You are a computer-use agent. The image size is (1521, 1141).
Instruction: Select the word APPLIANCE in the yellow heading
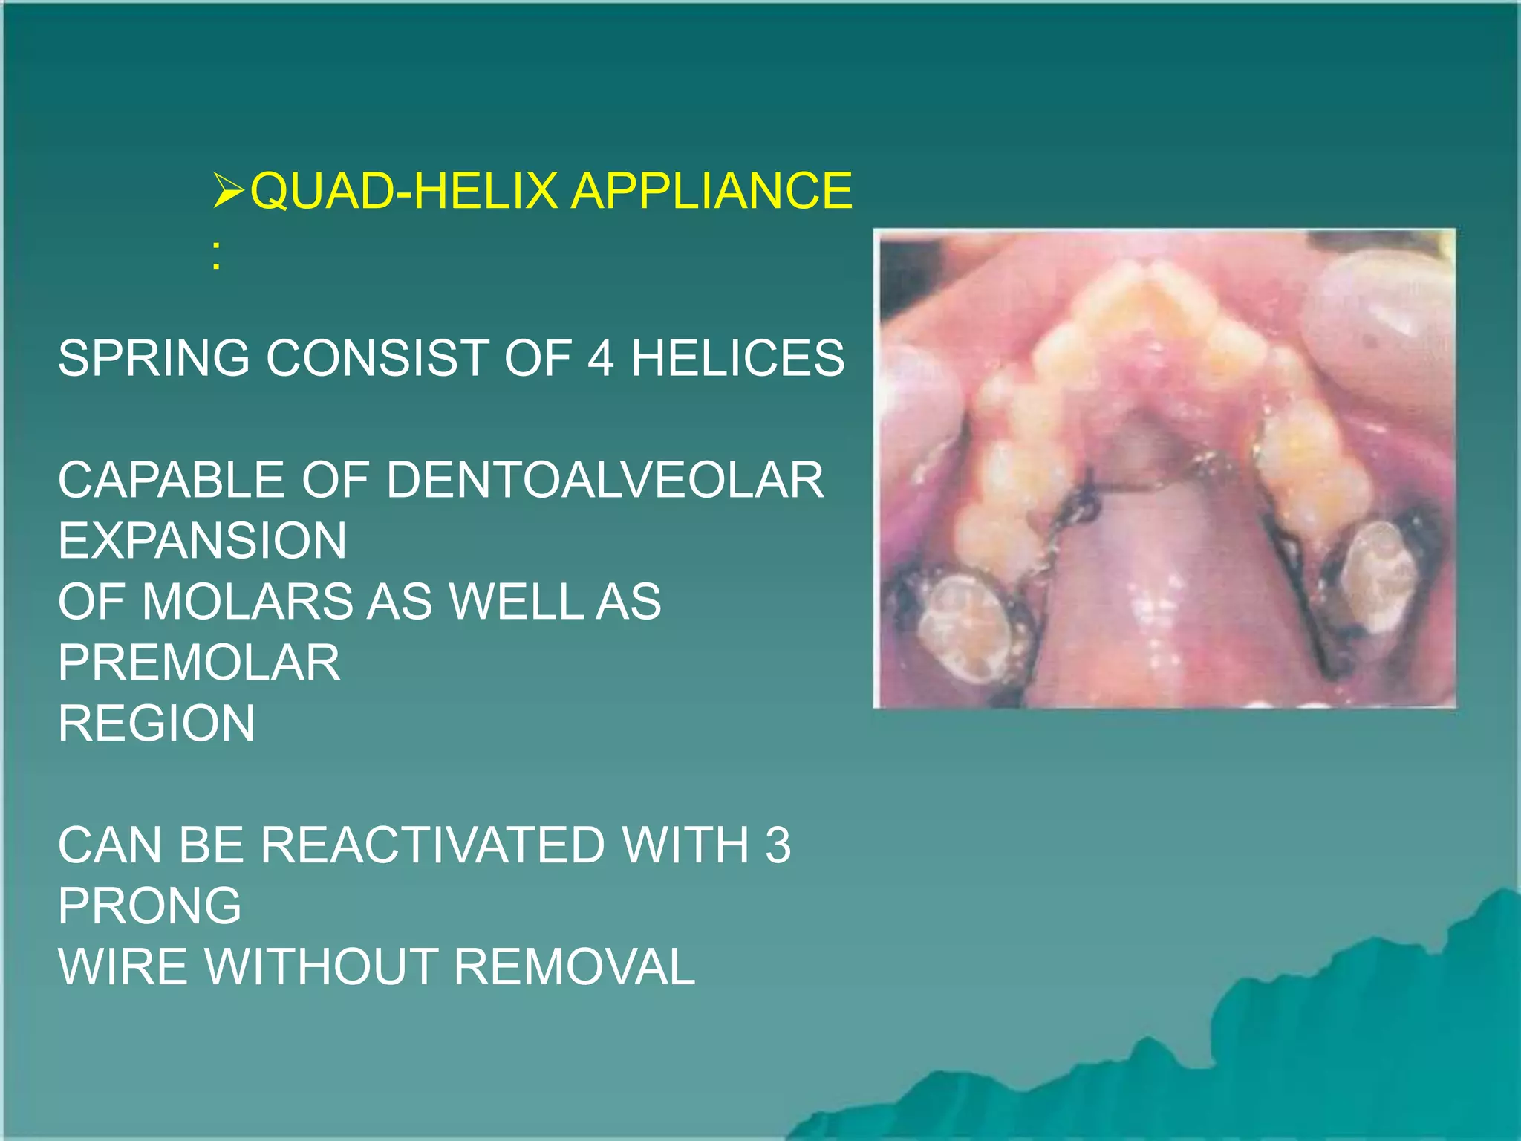pyautogui.click(x=711, y=191)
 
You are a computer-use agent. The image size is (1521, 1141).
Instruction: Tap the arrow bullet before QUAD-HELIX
pyautogui.click(x=228, y=190)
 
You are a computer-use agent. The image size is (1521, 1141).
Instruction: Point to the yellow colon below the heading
pyautogui.click(x=215, y=259)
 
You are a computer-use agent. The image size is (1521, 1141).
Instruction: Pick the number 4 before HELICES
pyautogui.click(x=600, y=358)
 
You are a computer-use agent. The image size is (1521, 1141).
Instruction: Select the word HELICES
pyautogui.click(x=737, y=358)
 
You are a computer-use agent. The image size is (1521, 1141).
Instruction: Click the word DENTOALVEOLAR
pyautogui.click(x=605, y=480)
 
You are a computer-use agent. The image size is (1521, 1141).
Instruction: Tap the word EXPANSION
pyautogui.click(x=202, y=541)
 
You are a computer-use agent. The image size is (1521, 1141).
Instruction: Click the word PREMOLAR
pyautogui.click(x=199, y=663)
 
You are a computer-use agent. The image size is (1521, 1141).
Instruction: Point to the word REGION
pyautogui.click(x=156, y=724)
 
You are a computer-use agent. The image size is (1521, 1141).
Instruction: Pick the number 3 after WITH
pyautogui.click(x=778, y=845)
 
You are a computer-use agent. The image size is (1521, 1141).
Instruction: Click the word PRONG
pyautogui.click(x=149, y=906)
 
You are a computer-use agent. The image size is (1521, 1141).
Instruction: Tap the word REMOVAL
pyautogui.click(x=574, y=967)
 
